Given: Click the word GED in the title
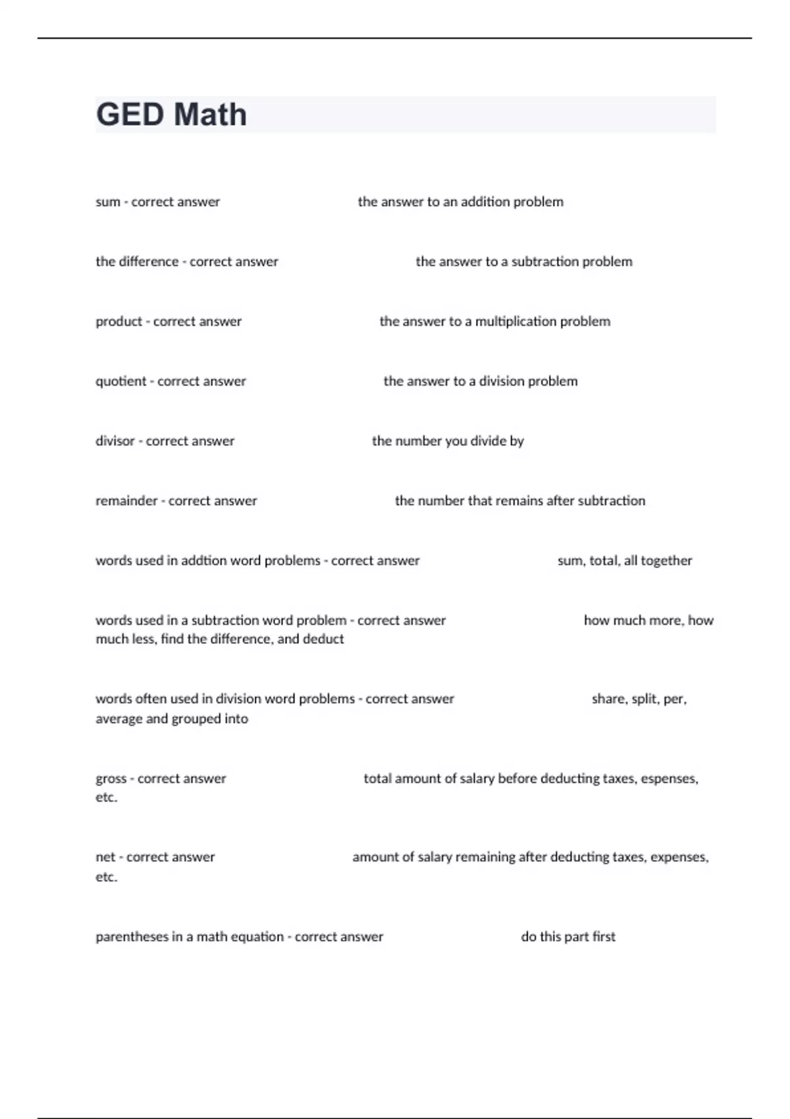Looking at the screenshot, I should (x=130, y=115).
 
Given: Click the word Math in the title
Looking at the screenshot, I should (x=211, y=115).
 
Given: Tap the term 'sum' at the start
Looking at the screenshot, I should (x=107, y=202).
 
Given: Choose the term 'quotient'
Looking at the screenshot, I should (x=120, y=382).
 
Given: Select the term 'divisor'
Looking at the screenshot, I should (x=115, y=441).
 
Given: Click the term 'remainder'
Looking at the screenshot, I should (x=126, y=501).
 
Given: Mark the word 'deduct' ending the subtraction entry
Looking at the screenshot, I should (x=323, y=639).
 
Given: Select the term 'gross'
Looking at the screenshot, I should (x=111, y=779).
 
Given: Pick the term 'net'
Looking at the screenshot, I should (x=105, y=857).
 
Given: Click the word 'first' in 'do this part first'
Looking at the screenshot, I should (x=603, y=937).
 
